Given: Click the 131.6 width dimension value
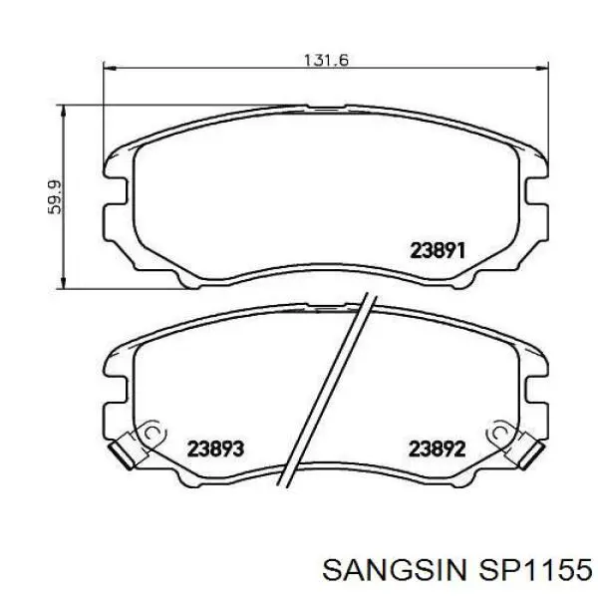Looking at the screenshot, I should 326,60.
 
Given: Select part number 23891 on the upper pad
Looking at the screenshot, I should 438,251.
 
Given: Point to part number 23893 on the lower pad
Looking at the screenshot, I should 215,448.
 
